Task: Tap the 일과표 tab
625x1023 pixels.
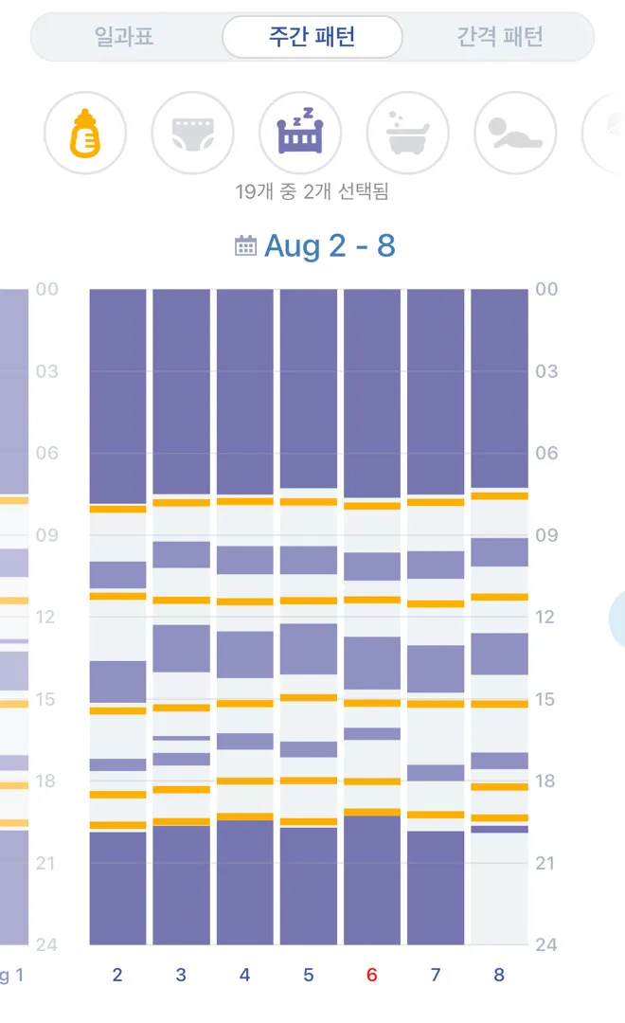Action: (125, 37)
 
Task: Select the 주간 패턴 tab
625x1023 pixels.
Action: (312, 37)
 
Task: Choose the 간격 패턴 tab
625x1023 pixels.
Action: (499, 37)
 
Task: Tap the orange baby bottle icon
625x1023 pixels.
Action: (85, 134)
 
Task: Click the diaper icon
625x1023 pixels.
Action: (192, 134)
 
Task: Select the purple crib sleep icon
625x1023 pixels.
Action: (300, 134)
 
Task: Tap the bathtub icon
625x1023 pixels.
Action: (408, 134)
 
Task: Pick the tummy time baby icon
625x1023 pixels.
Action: (515, 134)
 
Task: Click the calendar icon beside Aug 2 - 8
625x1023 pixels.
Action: (245, 246)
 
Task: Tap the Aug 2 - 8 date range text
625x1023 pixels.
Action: (330, 246)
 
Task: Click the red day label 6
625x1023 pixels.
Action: (372, 975)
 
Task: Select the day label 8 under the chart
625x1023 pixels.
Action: (499, 975)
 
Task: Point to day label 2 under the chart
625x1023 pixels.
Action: (117, 975)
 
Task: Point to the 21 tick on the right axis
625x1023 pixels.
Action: (545, 863)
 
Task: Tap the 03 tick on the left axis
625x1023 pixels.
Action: (47, 371)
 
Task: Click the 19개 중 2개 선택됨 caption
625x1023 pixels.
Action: (312, 191)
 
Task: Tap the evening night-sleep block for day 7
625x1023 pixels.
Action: (436, 888)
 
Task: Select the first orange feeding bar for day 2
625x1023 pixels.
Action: (117, 509)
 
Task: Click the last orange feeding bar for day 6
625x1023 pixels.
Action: (372, 813)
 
